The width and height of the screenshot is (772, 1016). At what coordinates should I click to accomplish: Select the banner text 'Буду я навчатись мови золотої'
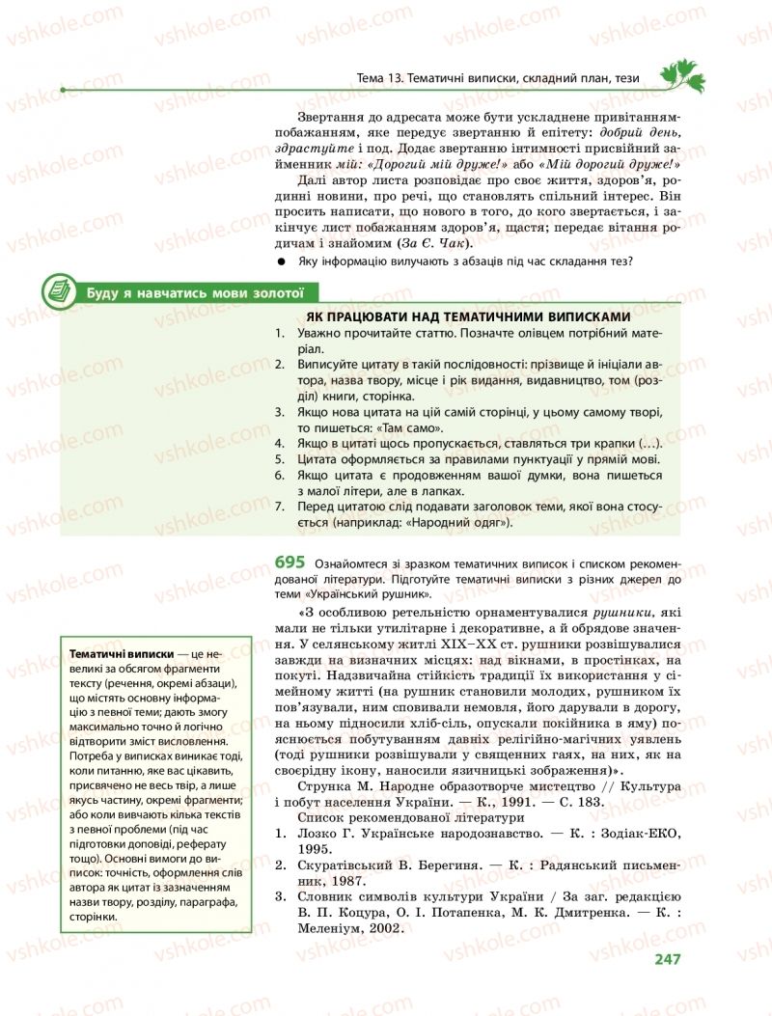[196, 292]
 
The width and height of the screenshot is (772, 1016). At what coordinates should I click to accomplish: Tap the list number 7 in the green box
[278, 508]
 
